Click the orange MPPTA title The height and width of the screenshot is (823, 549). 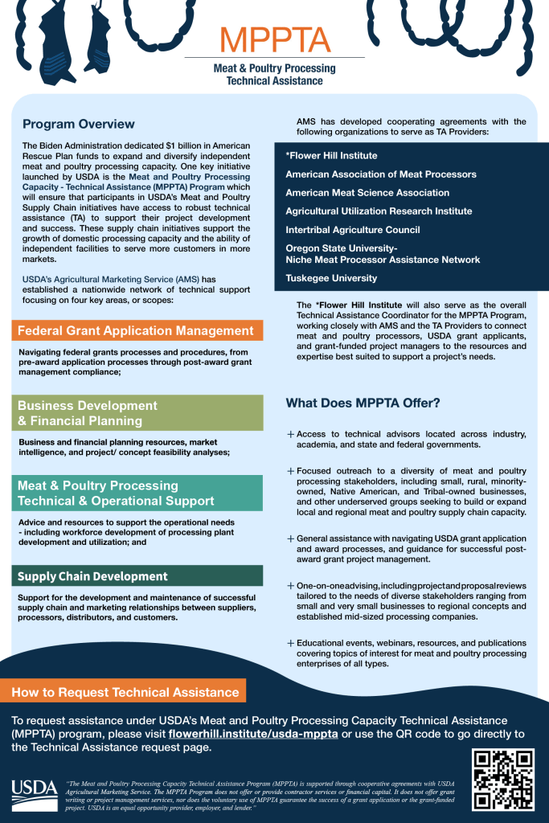pos(274,39)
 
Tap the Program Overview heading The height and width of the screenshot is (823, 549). pos(78,124)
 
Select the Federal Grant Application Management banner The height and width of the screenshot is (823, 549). pos(136,330)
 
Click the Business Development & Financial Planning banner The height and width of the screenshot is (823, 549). pos(137,413)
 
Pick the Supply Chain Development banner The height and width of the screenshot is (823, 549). pos(137,575)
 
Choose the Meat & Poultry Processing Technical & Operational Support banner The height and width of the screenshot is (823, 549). pos(137,493)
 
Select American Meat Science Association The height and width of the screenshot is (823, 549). pos(367,193)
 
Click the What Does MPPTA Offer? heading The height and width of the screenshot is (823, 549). pos(363,403)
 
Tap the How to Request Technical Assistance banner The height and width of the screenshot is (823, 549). pos(125,692)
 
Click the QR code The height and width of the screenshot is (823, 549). pos(503,779)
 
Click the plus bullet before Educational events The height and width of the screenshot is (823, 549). pos(290,644)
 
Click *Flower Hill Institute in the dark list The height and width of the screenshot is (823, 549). pos(331,155)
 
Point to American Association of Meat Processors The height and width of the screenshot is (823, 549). pos(380,174)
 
